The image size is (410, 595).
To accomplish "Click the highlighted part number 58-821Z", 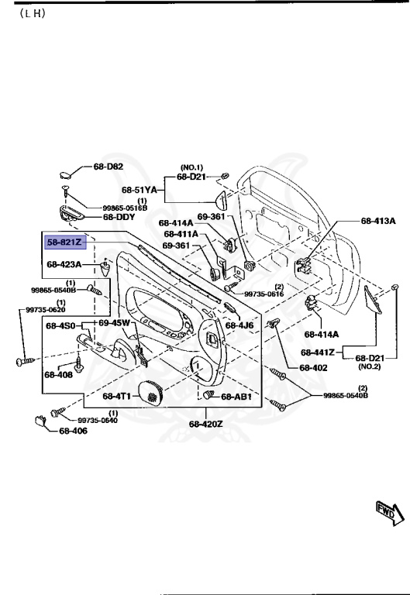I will tap(67, 242).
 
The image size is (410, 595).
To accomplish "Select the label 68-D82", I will tap(109, 167).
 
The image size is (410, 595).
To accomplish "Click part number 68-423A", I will tap(65, 264).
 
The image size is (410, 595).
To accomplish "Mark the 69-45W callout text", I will tap(114, 322).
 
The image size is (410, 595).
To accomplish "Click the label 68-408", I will tap(58, 375).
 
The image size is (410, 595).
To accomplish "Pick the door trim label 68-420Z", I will tap(205, 424).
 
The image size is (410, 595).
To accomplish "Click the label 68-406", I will tap(74, 432).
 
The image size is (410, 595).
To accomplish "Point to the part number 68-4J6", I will tap(239, 325).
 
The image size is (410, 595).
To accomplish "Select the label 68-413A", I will tap(378, 221).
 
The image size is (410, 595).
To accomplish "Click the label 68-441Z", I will tap(319, 352).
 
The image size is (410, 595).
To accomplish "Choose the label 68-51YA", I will tap(140, 188).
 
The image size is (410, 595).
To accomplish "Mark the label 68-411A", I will tap(181, 233).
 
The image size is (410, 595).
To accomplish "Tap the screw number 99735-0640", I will tap(98, 420).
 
